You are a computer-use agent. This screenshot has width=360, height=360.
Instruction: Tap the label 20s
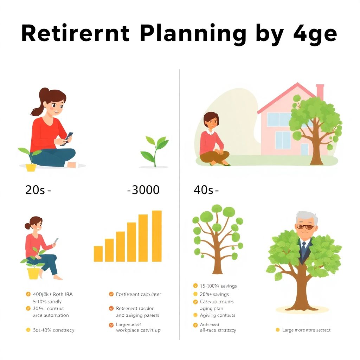(x=36, y=190)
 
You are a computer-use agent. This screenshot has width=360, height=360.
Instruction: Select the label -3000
(x=143, y=190)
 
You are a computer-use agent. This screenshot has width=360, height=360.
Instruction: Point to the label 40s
(x=204, y=190)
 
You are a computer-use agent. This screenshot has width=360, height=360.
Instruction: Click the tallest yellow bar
(x=157, y=236)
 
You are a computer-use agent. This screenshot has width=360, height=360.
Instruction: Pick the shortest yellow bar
(x=98, y=253)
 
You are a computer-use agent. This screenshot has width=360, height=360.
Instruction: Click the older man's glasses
(x=305, y=227)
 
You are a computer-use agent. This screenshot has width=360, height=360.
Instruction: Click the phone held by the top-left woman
(x=69, y=137)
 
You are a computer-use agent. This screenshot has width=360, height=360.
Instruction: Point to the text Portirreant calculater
(x=139, y=294)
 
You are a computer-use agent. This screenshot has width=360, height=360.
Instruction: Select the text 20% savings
(x=214, y=294)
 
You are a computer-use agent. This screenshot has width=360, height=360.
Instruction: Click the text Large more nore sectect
(x=306, y=330)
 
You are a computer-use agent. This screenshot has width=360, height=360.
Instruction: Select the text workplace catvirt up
(x=138, y=330)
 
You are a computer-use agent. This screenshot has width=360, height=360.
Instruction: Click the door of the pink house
(x=304, y=149)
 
